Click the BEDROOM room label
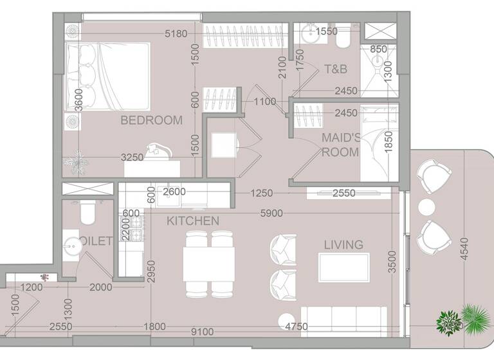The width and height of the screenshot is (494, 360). click(151, 120)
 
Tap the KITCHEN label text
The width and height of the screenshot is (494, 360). click(193, 221)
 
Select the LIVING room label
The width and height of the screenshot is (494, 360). click(343, 244)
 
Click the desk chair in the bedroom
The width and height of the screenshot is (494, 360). click(157, 150)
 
